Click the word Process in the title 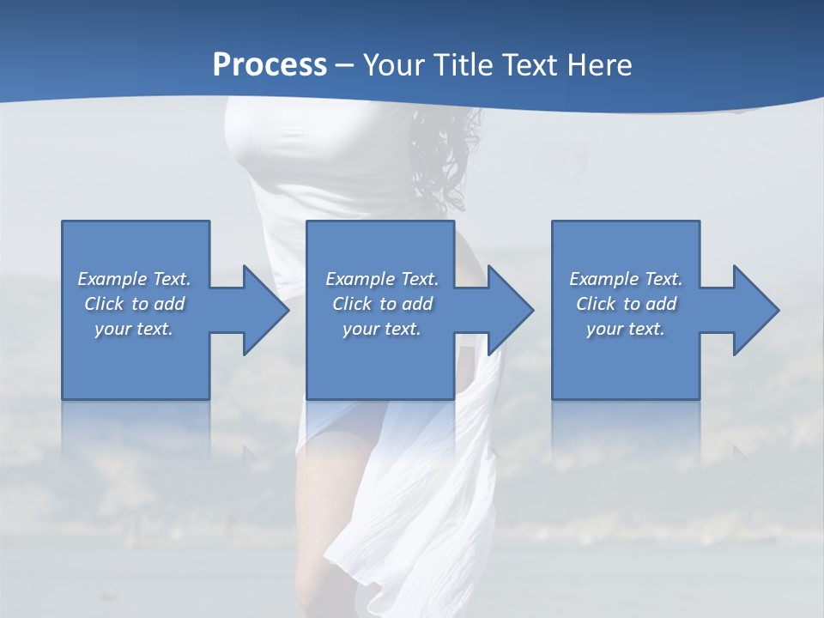(270, 65)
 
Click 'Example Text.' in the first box (134, 279)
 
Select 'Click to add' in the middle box (382, 304)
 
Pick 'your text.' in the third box (626, 329)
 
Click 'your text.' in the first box (134, 329)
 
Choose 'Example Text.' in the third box (626, 279)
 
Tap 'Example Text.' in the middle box (382, 279)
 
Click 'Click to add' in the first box (134, 304)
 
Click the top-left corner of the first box (63, 222)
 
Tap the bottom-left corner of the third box (553, 398)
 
